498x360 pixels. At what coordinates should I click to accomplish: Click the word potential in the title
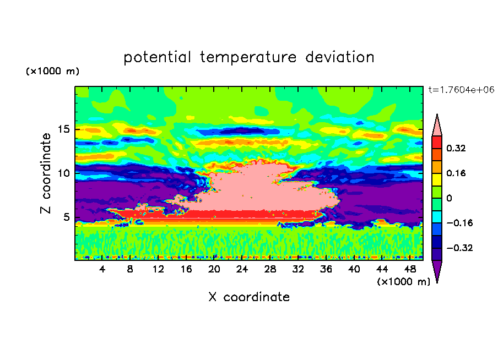coord(158,57)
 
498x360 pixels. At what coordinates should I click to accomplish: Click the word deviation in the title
coord(340,57)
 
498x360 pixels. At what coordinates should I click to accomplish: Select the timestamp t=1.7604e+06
coord(461,90)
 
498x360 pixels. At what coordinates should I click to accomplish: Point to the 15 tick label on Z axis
coord(63,129)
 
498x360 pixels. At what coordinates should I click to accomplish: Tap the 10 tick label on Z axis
coord(63,173)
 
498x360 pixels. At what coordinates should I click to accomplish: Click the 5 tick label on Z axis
coord(66,217)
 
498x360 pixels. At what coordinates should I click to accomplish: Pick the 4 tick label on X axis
coord(102,269)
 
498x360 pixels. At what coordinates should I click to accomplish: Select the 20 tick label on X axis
coord(214,269)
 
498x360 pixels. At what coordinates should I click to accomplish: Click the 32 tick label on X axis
coord(298,269)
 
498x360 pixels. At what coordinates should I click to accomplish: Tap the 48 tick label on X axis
coord(410,269)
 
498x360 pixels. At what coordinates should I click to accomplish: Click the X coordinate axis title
coord(249,297)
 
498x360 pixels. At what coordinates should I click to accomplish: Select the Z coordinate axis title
coord(46,173)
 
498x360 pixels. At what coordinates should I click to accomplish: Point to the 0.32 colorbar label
coord(456,148)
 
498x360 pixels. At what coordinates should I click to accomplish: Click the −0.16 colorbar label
coord(459,223)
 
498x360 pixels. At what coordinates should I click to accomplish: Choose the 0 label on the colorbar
coord(449,198)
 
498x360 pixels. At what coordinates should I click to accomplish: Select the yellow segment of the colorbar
coord(437,179)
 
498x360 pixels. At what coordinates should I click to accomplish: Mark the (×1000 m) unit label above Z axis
coord(53,71)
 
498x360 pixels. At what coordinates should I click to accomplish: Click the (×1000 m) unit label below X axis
coord(403,281)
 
